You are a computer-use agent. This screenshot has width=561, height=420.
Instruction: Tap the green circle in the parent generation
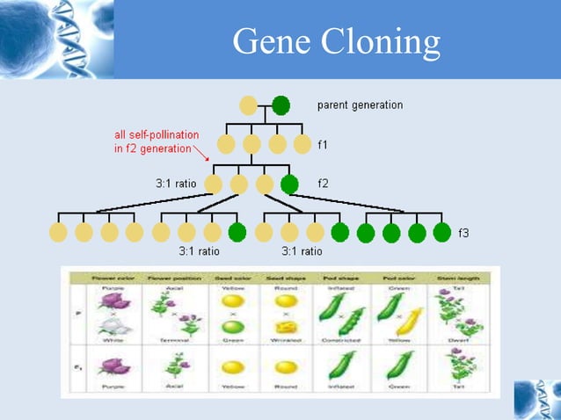click(280, 105)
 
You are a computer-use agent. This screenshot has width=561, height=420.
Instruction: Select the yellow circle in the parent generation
click(249, 105)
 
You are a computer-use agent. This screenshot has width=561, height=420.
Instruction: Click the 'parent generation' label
click(360, 105)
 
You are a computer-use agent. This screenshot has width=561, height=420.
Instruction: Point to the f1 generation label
click(323, 144)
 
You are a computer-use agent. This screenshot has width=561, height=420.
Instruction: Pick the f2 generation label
click(323, 185)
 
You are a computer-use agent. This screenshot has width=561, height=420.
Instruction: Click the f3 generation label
click(463, 233)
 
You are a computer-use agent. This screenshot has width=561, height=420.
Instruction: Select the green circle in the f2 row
click(289, 185)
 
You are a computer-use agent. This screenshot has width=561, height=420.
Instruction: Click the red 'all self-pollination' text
click(157, 135)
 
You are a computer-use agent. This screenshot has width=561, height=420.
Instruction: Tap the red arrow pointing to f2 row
click(201, 156)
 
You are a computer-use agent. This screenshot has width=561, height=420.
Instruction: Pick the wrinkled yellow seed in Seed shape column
click(284, 327)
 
